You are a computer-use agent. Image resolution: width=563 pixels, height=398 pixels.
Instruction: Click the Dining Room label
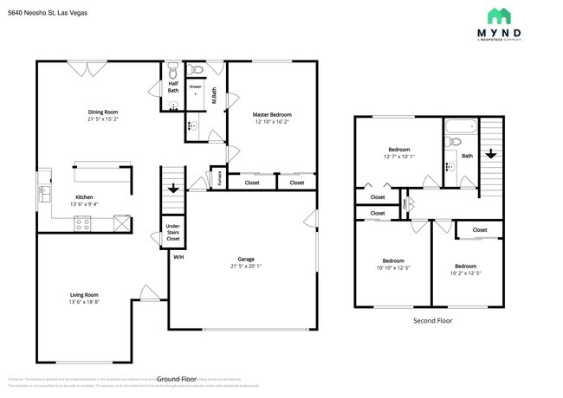(102, 112)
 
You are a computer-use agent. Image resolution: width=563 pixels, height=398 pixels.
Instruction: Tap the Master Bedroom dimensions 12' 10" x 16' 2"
(272, 122)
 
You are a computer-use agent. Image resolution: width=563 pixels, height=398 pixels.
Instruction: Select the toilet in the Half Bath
(172, 69)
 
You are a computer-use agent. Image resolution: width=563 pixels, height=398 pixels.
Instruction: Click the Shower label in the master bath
(196, 87)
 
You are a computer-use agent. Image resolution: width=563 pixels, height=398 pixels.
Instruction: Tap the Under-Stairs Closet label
(173, 232)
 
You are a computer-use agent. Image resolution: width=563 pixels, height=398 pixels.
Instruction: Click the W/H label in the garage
(178, 257)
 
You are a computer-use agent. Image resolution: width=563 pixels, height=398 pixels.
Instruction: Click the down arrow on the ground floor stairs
(173, 187)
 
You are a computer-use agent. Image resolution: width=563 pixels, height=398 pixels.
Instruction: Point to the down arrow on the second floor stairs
(490, 154)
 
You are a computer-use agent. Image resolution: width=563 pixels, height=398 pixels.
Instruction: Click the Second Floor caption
(432, 320)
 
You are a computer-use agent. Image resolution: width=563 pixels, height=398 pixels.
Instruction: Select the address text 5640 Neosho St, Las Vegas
(43, 14)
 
